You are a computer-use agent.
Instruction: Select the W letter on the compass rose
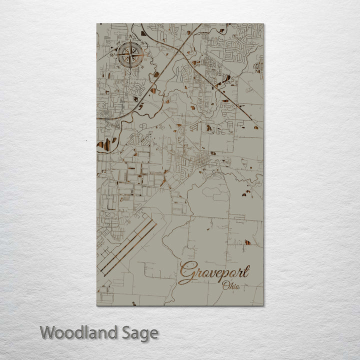(x=114, y=55)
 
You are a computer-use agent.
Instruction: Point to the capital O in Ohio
(x=226, y=286)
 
